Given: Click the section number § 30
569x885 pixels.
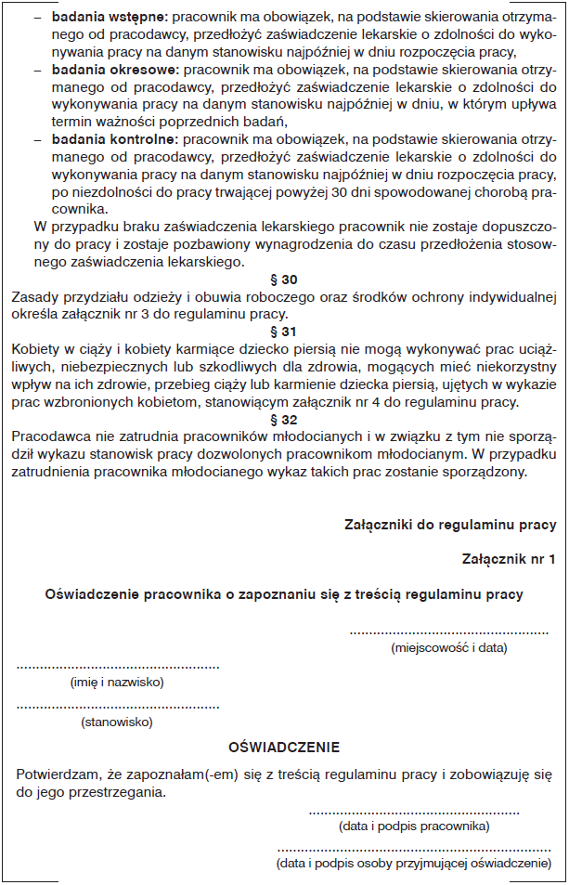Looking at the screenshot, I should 283,279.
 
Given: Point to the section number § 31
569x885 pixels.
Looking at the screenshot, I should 283,332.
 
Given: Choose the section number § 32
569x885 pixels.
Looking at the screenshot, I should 283,419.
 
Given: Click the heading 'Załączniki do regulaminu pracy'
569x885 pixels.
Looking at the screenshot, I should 450,525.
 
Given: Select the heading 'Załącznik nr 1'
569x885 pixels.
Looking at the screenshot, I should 509,559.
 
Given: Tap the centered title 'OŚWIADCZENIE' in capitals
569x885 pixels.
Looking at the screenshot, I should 284,747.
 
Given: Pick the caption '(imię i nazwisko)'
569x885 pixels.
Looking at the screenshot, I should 117,682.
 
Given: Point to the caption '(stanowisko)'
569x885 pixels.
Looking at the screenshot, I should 117,721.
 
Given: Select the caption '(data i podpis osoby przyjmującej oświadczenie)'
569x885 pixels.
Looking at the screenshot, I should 414,864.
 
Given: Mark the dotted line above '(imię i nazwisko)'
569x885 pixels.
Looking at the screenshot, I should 118,667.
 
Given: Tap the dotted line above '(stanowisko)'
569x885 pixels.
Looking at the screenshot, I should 118,707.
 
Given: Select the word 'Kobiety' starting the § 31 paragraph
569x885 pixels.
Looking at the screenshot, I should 35,348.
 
